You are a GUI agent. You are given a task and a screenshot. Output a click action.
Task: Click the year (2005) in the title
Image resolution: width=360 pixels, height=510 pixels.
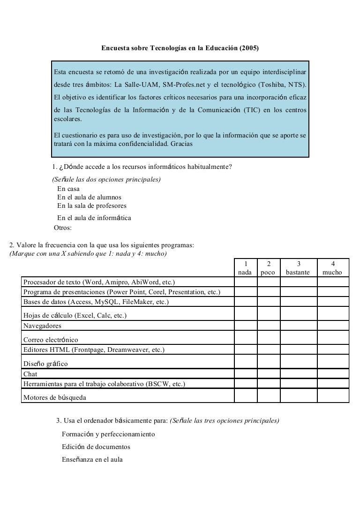(249, 48)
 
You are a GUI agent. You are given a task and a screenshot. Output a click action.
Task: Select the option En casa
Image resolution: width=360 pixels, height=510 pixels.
(68, 189)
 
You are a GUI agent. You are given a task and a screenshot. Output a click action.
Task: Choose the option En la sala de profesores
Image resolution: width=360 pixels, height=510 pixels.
(92, 206)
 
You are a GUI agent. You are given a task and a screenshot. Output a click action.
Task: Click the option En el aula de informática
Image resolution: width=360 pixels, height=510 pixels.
(94, 218)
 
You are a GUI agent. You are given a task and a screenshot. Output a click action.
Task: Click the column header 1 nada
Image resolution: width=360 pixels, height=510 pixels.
(245, 268)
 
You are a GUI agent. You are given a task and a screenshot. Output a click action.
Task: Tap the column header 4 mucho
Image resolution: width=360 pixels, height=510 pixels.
(333, 268)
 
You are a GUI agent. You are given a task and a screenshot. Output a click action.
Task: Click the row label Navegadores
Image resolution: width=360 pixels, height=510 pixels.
(42, 326)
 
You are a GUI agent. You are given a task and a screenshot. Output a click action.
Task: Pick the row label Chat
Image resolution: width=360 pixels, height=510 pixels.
(31, 374)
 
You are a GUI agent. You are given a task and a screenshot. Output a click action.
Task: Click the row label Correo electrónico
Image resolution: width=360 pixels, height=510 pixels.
(51, 340)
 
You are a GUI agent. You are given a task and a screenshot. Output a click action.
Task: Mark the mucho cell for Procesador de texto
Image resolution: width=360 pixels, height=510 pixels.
(333, 282)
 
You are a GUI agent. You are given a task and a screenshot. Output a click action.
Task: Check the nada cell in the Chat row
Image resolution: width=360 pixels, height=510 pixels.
(245, 374)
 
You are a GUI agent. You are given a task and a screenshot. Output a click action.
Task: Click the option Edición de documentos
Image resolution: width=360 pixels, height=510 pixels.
(96, 447)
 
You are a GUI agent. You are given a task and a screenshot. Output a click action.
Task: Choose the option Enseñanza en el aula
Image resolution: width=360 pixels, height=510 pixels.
(92, 459)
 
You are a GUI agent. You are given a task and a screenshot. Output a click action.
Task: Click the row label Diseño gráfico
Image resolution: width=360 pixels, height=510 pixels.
(45, 364)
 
